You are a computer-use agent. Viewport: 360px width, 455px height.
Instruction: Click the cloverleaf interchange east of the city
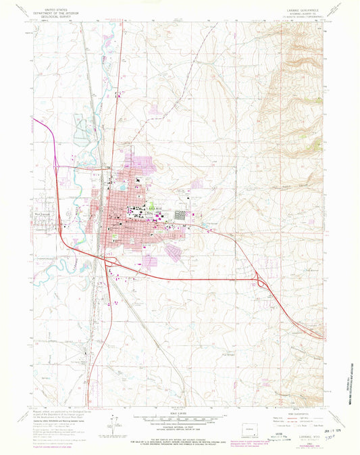click(x=261, y=281)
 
